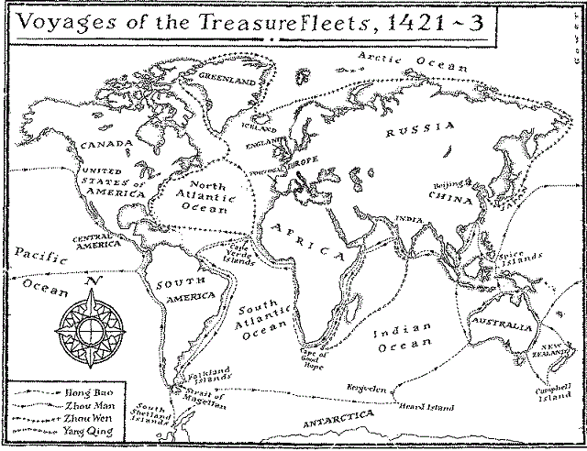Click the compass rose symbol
[90, 324]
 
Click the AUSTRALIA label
[500, 325]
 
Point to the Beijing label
[451, 184]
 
